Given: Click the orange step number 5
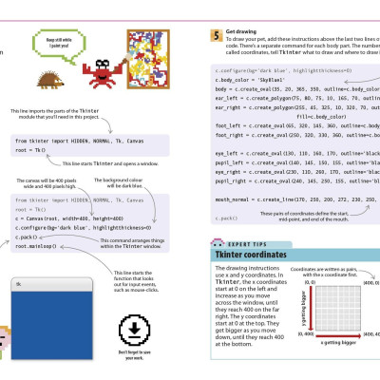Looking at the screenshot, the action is point(218,36).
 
